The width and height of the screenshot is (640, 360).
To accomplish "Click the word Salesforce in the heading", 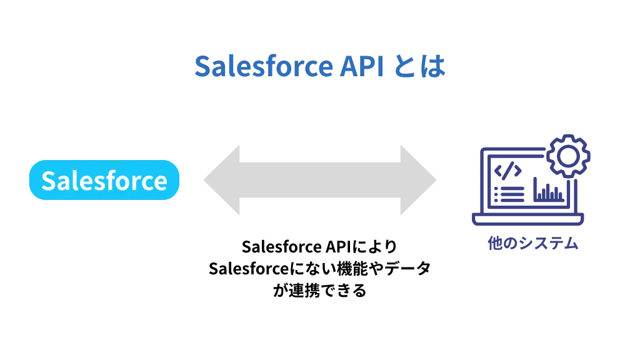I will [263, 67].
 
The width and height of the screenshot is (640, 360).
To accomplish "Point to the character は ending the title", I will [434, 67].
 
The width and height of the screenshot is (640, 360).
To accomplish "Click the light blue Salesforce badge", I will [104, 181].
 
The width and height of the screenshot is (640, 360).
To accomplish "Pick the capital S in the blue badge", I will [49, 181].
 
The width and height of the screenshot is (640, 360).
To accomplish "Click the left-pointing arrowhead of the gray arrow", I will [219, 180].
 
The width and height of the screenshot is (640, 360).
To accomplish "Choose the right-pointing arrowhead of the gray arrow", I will [421, 180].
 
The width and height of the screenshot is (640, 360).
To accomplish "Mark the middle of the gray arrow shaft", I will [320, 180].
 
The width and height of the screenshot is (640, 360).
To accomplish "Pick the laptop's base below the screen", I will [528, 219].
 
